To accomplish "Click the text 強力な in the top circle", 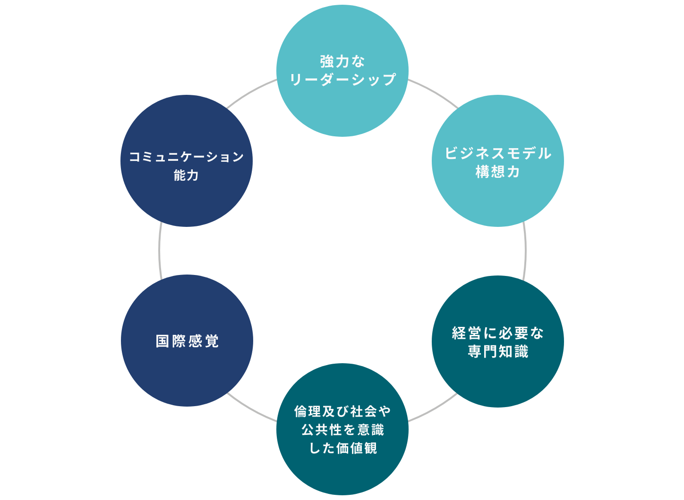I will point(342,61).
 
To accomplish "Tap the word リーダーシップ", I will point(342,79).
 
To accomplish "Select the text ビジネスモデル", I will point(498,153).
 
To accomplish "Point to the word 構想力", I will point(498,172).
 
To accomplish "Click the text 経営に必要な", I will point(498,333).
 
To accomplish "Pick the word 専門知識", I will point(498,351).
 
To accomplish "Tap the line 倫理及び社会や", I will point(342,411).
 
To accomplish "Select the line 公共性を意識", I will point(342,430).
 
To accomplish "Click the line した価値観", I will point(342,448).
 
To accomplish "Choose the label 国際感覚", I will point(187,341).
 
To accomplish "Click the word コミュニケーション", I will point(187,157).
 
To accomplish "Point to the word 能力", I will point(187,175).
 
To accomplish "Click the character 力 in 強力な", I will point(342,61).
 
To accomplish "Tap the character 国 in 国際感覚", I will point(162,341).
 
